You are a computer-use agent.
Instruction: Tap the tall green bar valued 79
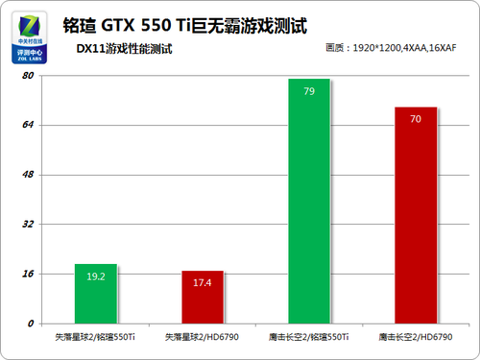309,202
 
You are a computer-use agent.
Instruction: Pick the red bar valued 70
416,215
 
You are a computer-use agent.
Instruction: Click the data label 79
309,92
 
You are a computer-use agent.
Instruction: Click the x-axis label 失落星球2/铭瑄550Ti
95,337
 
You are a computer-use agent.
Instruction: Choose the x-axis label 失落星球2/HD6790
203,337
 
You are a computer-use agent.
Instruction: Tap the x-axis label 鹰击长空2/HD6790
416,337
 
